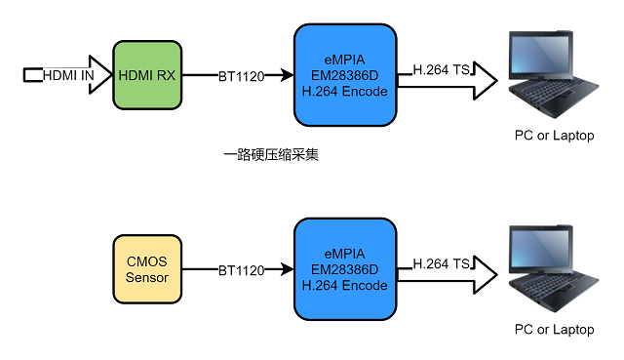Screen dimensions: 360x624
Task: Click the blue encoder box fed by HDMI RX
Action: point(345,75)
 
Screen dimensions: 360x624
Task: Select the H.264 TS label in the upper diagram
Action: point(442,70)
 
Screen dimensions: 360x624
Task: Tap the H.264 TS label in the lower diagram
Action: point(442,264)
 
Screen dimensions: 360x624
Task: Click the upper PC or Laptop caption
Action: point(554,136)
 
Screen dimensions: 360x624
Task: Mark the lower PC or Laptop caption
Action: point(554,330)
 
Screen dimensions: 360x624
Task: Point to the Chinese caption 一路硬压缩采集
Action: point(271,154)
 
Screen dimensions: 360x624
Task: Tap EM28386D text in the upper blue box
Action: point(345,75)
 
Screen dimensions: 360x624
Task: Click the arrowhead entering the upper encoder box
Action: point(288,75)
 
